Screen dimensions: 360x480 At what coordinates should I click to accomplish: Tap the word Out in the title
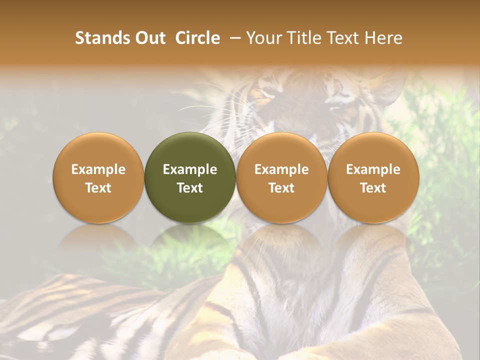[x=149, y=38]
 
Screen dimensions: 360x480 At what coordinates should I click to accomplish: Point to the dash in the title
[x=233, y=38]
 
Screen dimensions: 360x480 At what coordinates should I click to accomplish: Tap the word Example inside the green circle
[x=190, y=169]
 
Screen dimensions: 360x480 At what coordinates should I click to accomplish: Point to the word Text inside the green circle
[x=190, y=188]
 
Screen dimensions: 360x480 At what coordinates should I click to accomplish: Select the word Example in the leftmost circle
[x=98, y=169]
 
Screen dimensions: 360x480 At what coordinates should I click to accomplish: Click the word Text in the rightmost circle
[x=373, y=188]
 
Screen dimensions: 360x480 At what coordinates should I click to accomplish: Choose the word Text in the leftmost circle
[x=98, y=188]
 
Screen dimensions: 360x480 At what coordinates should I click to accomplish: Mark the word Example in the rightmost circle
[x=373, y=169]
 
